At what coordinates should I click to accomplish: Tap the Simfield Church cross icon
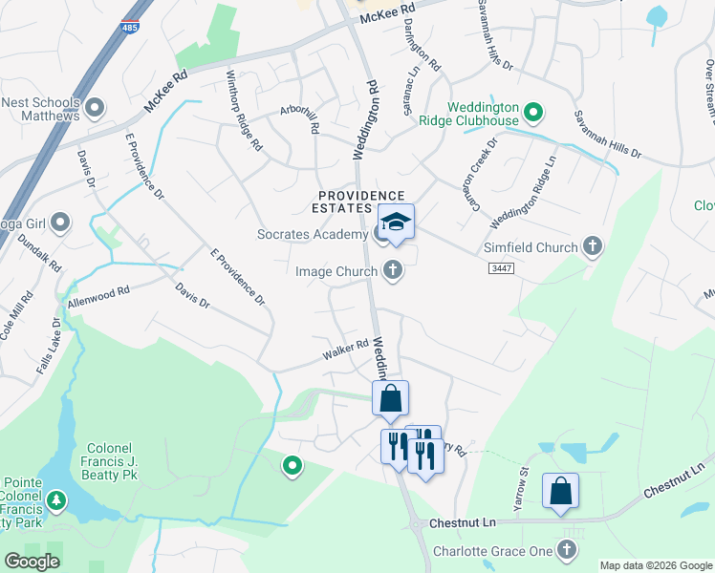click(x=593, y=247)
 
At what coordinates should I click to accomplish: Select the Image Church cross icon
click(x=391, y=271)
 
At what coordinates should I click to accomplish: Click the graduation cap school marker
click(x=396, y=223)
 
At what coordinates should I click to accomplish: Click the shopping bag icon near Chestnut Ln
click(x=560, y=492)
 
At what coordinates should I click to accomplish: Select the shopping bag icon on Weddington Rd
click(x=390, y=398)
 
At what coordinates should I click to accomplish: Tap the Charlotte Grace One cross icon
click(x=567, y=551)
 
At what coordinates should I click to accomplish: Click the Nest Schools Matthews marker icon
click(x=94, y=109)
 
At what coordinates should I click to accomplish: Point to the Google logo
click(x=32, y=562)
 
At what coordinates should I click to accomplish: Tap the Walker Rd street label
click(x=345, y=350)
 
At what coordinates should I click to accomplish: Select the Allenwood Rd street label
click(x=97, y=295)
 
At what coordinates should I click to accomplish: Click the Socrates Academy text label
click(x=313, y=234)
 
